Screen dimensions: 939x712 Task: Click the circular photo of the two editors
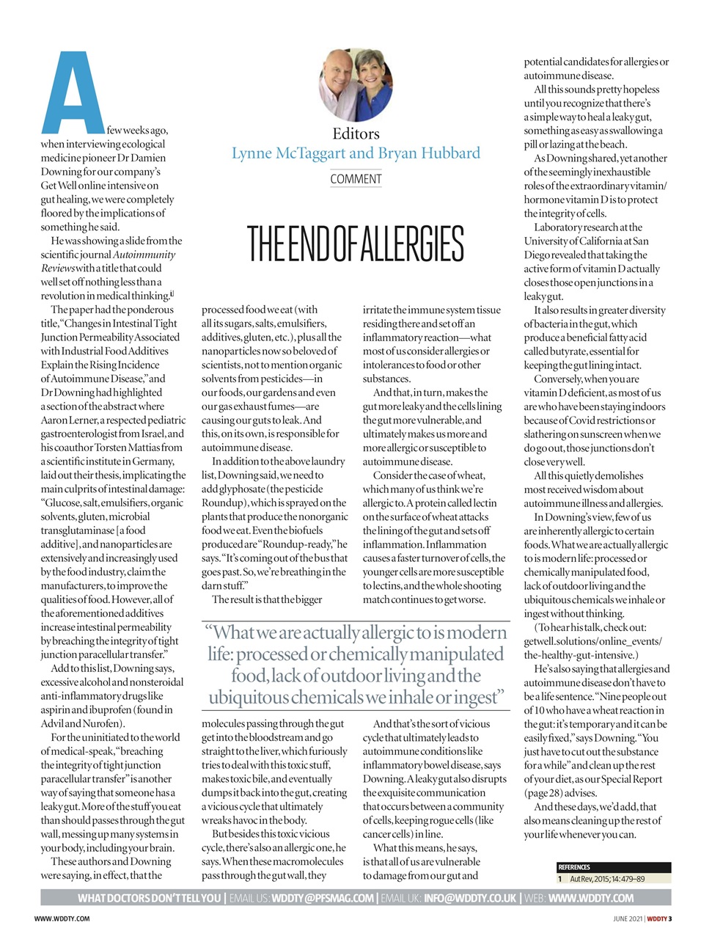(356, 84)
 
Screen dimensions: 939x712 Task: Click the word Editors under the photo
(356, 134)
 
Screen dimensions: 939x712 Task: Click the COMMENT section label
(356, 179)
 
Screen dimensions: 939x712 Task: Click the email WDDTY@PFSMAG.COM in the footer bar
(322, 898)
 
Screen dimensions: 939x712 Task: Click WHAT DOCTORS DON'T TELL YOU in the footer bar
(149, 898)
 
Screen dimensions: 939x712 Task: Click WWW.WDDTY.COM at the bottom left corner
(62, 918)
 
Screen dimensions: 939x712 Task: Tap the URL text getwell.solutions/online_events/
(592, 641)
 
